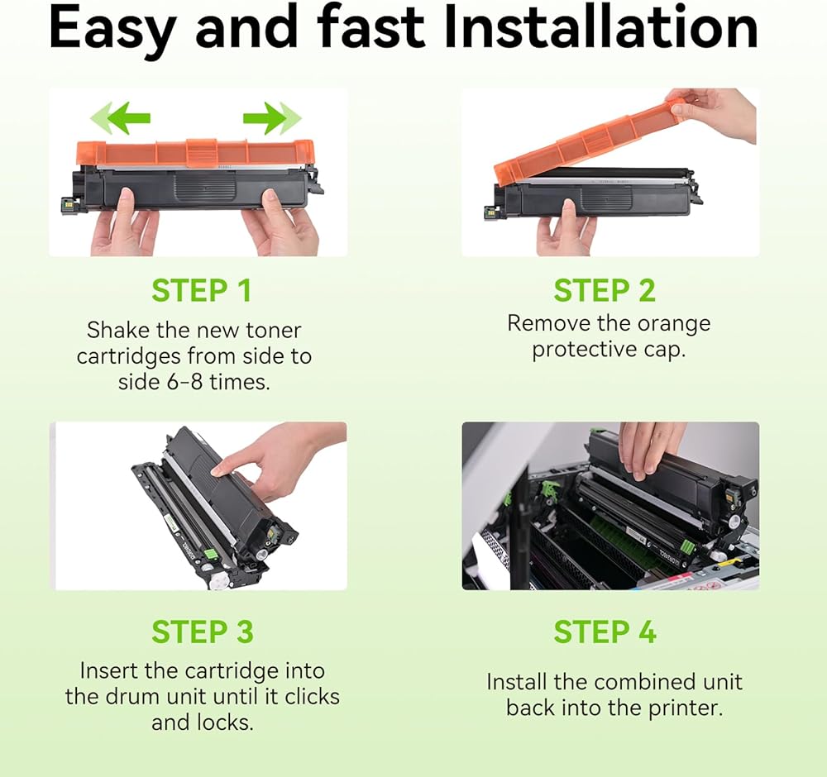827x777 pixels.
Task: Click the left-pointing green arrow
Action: point(121,118)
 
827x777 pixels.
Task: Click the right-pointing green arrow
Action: point(272,118)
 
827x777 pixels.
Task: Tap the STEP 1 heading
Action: point(202,290)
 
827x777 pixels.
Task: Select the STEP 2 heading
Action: point(605,290)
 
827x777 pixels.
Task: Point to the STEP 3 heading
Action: point(203,632)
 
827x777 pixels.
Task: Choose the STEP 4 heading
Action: point(605,632)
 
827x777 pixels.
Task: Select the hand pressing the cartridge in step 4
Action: point(648,448)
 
